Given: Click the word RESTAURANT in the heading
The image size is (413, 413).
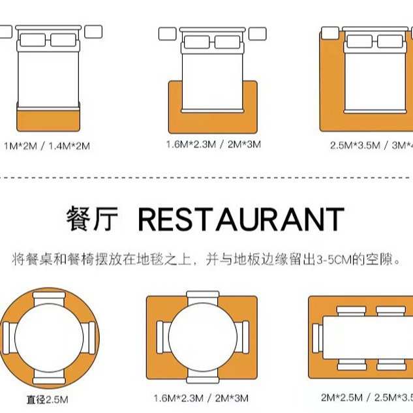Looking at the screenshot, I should coord(241,221).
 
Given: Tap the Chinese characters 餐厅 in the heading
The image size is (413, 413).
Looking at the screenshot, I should coord(92,221).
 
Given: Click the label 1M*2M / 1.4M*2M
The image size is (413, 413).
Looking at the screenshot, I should coord(47,145).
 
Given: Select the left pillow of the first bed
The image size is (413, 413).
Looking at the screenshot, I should coord(32,40).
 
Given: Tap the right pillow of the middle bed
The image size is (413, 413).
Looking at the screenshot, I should coord(228,42).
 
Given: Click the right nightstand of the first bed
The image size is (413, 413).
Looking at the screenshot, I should coord(93,31).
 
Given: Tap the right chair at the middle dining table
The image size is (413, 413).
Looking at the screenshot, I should coord(243,335).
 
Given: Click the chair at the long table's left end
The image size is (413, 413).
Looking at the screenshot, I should coord(317,337).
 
